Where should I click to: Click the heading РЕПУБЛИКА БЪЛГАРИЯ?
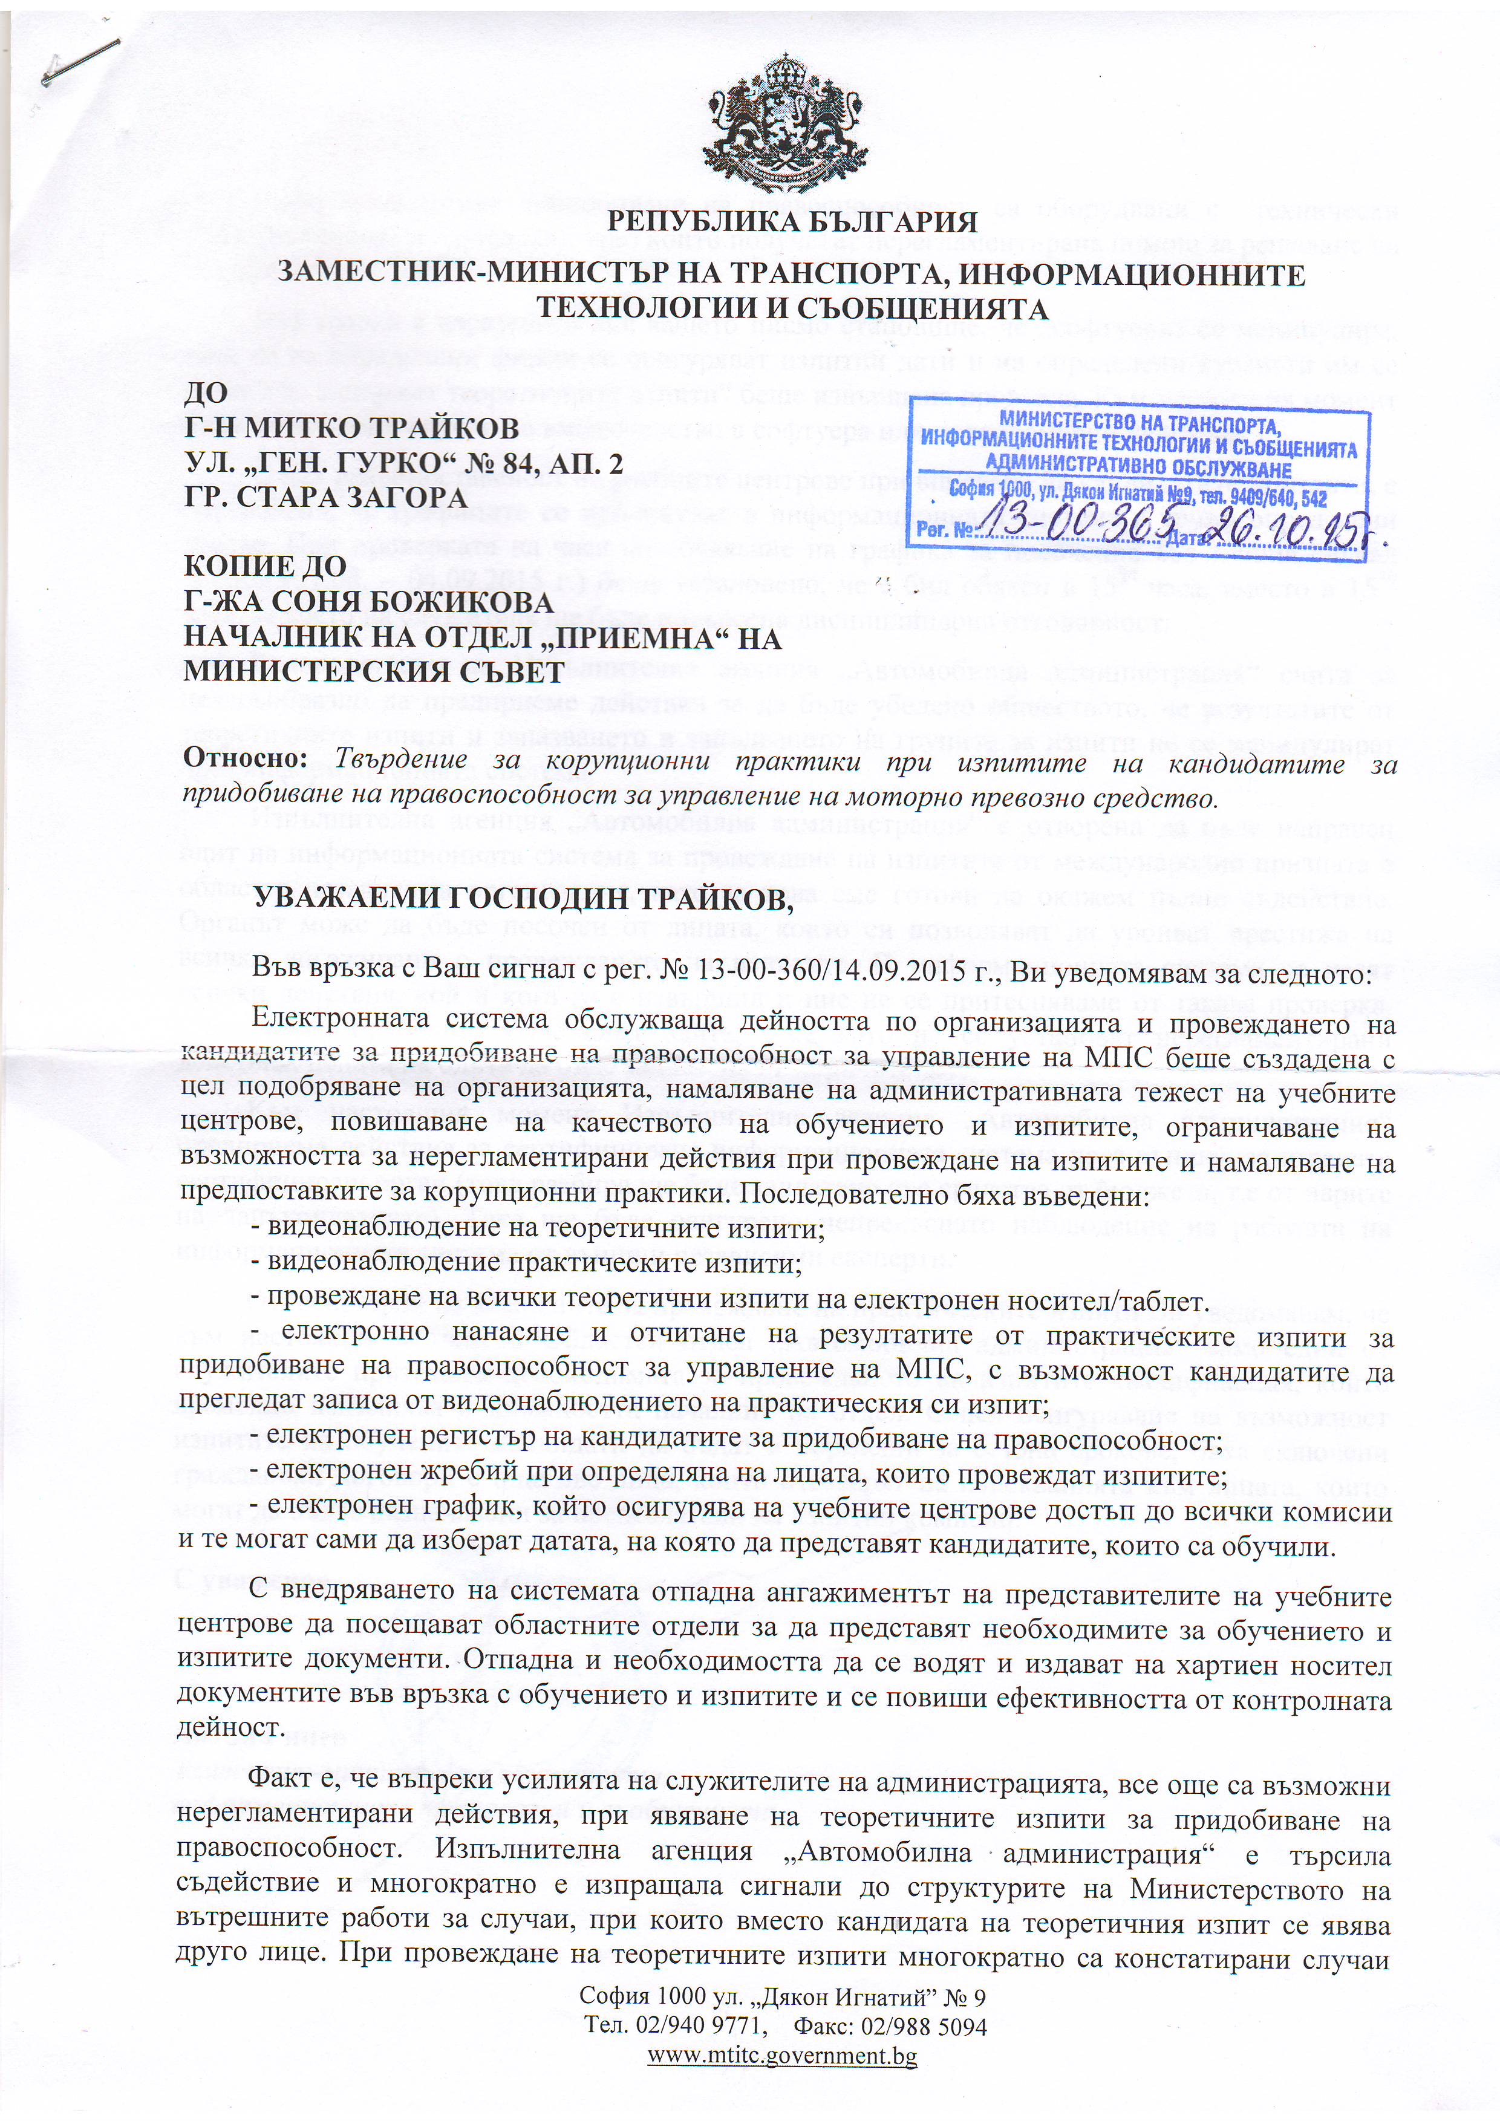coord(792,223)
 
